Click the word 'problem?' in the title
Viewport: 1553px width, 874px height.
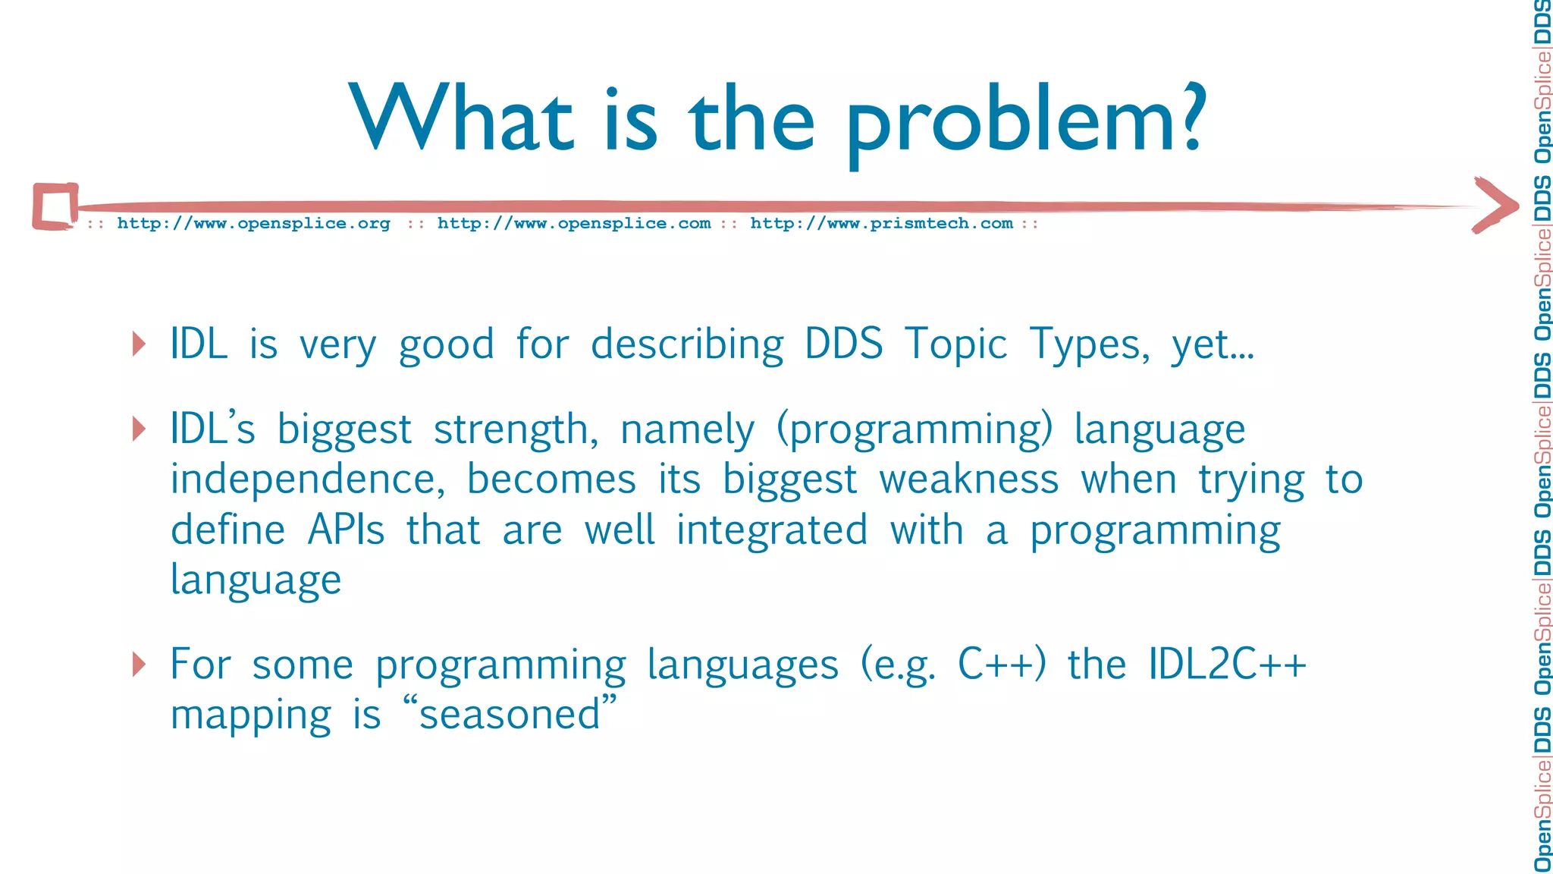tap(1025, 121)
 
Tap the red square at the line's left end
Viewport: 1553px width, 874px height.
tap(55, 206)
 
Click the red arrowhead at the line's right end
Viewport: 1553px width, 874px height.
tap(1495, 206)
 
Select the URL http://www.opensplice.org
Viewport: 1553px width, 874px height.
tap(253, 224)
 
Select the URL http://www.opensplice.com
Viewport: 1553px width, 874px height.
tap(574, 224)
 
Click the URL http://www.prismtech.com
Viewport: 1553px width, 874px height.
tap(881, 224)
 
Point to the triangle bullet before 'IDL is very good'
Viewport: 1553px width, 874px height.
tap(139, 344)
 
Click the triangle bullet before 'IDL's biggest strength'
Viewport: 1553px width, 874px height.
tap(139, 429)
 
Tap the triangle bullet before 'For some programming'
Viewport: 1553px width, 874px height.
tap(139, 664)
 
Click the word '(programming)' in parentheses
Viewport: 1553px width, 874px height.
tap(915, 431)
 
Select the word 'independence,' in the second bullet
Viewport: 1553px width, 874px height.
tap(307, 480)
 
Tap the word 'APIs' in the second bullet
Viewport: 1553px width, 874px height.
tap(346, 530)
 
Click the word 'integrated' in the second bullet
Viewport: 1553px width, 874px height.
tap(772, 530)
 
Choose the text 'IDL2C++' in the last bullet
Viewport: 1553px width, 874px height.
tap(1226, 665)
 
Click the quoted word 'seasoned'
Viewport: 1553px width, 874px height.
tap(510, 715)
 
